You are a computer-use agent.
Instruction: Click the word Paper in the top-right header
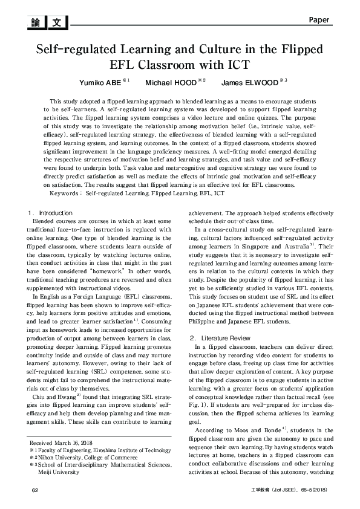[318, 20]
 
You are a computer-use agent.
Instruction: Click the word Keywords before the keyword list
[67, 194]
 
